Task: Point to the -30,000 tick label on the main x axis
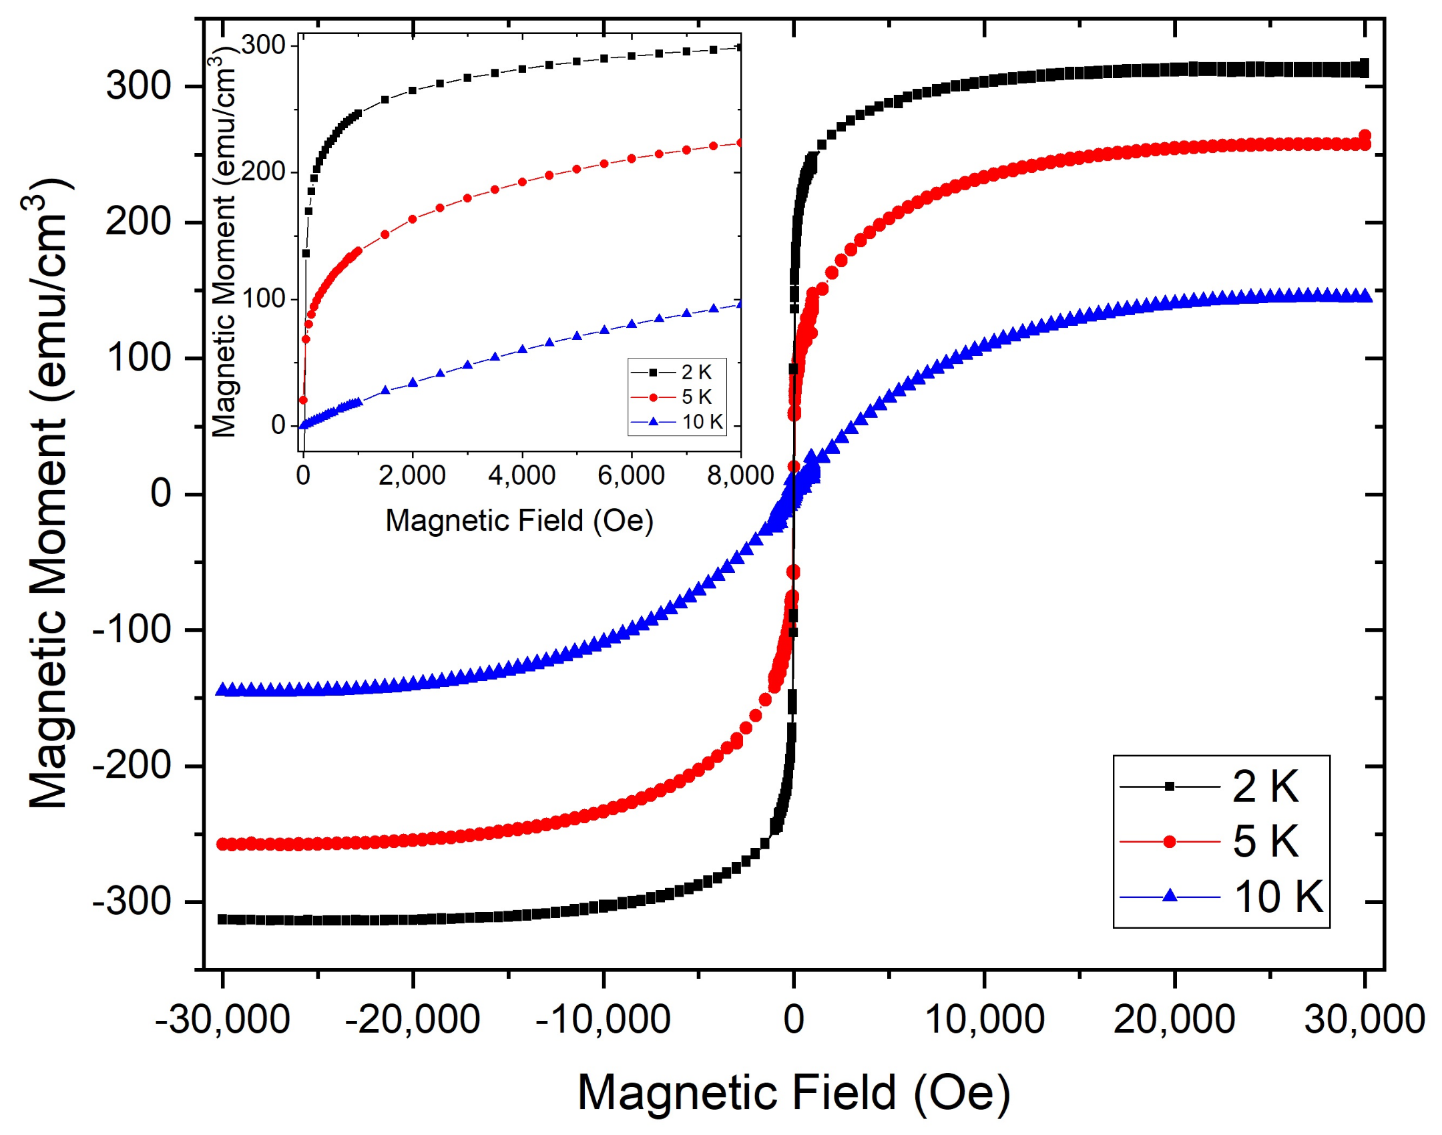coord(222,1019)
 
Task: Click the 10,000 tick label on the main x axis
coord(984,1019)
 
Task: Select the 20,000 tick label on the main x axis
coord(1174,1019)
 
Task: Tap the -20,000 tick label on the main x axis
coord(413,1019)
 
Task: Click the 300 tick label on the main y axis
coord(138,86)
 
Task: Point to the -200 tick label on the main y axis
coord(132,765)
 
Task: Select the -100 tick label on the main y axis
coord(132,630)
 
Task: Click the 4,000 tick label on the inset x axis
coord(521,475)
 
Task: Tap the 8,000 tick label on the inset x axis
coord(740,475)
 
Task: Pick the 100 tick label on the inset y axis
coord(264,298)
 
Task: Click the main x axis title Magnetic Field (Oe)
coord(793,1093)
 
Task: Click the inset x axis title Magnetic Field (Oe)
coord(519,521)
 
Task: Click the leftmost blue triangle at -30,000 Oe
coord(222,689)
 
